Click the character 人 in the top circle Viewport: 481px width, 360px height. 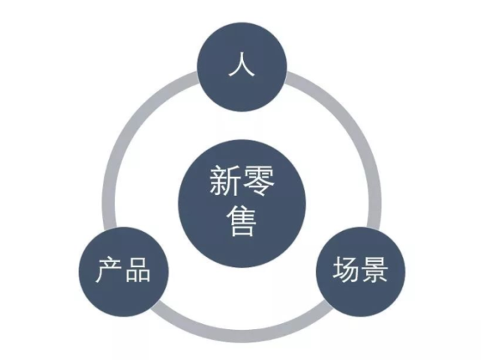click(x=242, y=65)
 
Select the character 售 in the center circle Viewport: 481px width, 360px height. click(x=242, y=221)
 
